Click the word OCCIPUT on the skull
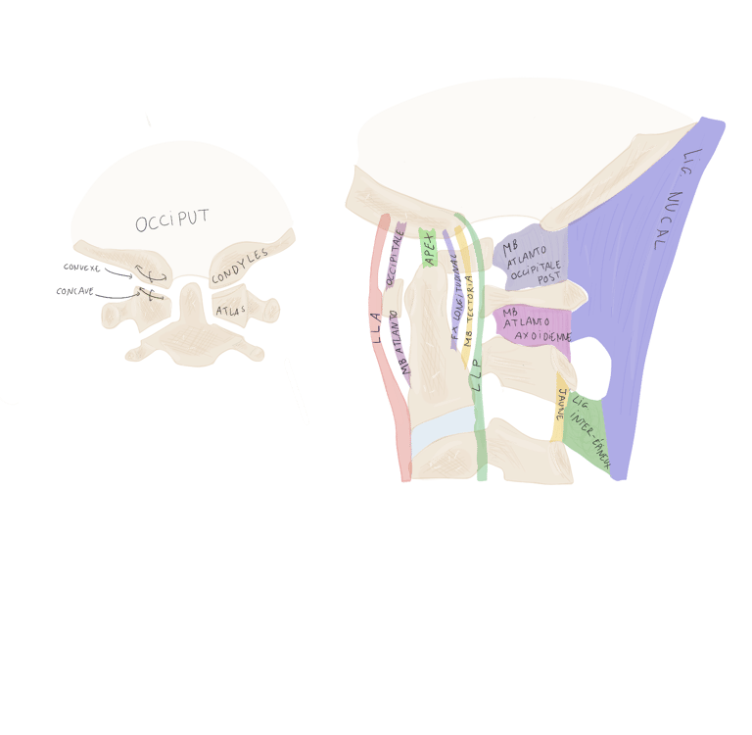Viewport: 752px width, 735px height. click(172, 221)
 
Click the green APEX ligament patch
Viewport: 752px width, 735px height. click(428, 248)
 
